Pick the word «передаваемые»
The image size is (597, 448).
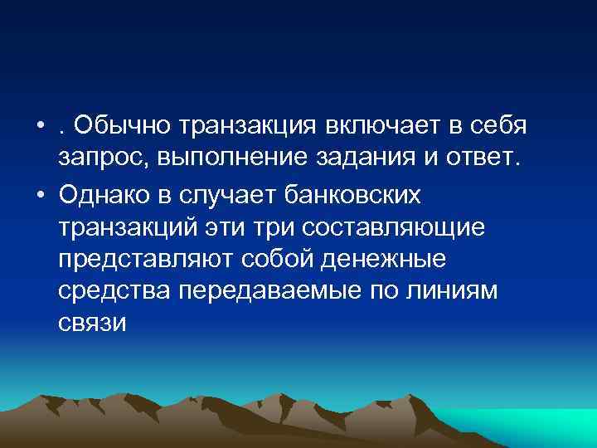(x=261, y=291)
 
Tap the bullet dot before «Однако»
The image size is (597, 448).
(x=41, y=193)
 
